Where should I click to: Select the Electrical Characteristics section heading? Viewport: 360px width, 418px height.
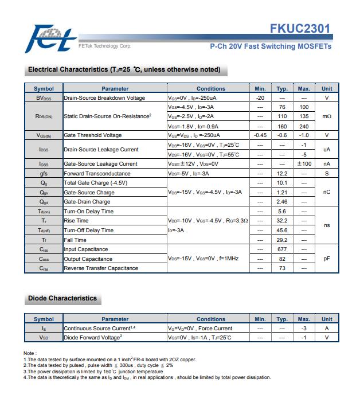(x=124, y=70)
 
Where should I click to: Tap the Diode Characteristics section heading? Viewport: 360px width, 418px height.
(x=62, y=298)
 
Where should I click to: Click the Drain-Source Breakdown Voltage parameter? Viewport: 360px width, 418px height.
(x=104, y=98)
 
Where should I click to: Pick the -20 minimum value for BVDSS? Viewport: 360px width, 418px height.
(x=260, y=98)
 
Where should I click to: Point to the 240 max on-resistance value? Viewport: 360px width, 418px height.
(x=304, y=126)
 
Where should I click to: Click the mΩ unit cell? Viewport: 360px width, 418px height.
(x=327, y=116)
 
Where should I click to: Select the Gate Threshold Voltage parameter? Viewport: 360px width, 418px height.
(x=93, y=135)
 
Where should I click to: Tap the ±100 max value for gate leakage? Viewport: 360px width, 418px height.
(x=304, y=164)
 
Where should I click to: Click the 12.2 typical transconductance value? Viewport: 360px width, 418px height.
(x=282, y=173)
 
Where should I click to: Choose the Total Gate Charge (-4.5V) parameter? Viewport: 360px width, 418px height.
(x=95, y=183)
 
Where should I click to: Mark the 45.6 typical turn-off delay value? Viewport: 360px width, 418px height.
(x=282, y=231)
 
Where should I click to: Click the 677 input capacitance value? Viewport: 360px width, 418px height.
(x=282, y=249)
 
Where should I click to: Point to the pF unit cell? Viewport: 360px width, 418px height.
(x=327, y=259)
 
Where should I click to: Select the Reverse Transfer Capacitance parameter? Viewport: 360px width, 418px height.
(x=101, y=268)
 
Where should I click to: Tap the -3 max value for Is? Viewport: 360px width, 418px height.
(x=304, y=329)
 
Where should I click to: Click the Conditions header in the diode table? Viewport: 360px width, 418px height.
(x=211, y=319)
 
